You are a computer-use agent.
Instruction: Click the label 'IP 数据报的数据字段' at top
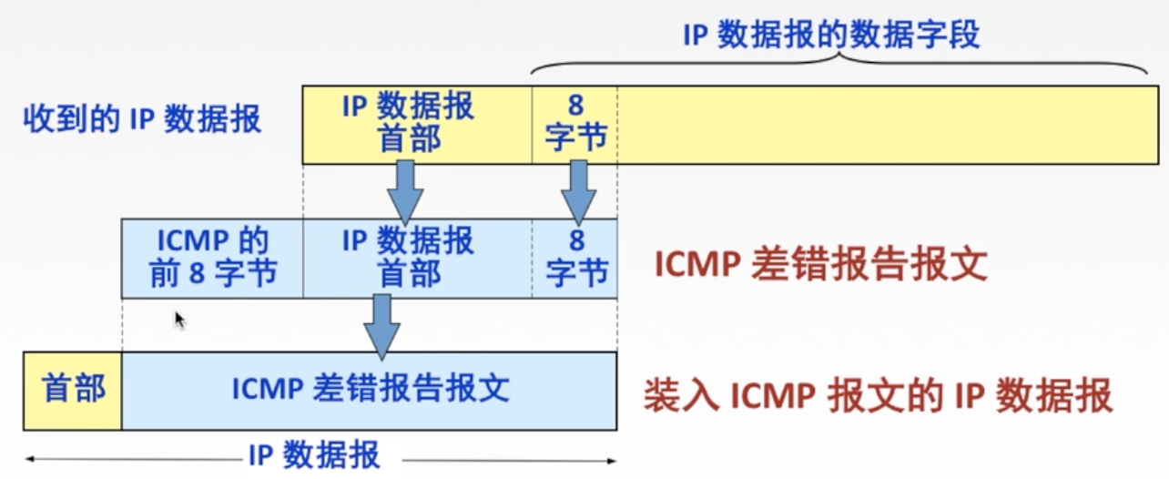831,35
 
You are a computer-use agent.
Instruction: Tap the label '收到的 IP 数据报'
142,119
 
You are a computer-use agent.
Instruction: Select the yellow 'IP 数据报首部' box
408,123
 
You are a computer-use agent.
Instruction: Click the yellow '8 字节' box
574,123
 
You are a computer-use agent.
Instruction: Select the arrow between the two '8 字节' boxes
577,190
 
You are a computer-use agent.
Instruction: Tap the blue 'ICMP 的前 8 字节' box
212,258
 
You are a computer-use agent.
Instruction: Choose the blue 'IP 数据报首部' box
408,258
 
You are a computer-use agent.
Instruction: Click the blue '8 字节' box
575,258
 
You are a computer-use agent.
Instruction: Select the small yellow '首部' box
73,390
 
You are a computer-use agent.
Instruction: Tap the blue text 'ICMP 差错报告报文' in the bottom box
370,390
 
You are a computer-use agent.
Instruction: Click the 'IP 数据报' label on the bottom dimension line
314,454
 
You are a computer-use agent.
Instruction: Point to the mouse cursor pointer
179,319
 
